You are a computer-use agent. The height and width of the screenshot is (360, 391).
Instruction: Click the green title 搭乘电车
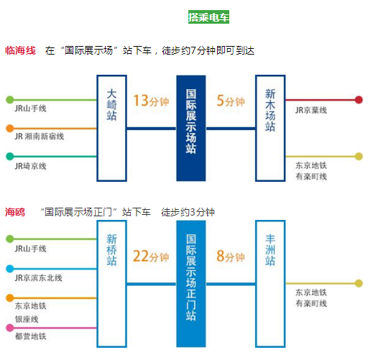[x=208, y=17]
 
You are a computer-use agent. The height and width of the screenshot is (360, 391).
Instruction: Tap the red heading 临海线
[x=20, y=51]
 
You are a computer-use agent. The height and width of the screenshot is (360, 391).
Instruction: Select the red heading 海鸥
[x=15, y=212]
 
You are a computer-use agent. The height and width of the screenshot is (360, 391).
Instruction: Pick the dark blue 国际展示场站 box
[x=190, y=128]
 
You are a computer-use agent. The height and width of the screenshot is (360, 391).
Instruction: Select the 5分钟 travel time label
[x=231, y=101]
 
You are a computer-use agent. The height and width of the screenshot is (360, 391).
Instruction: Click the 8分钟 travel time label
[x=231, y=257]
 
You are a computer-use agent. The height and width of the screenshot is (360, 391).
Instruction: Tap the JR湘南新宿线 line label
[x=40, y=137]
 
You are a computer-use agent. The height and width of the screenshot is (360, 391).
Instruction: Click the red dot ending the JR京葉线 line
[x=359, y=100]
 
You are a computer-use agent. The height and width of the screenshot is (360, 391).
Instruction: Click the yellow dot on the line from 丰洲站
[x=359, y=284]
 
